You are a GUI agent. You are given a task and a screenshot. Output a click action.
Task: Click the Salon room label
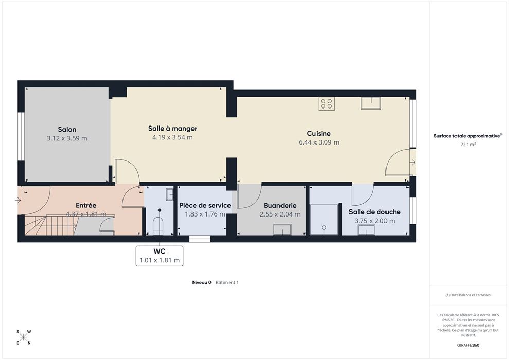pos(67,130)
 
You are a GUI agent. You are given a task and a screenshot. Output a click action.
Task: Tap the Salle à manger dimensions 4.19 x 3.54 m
pos(172,137)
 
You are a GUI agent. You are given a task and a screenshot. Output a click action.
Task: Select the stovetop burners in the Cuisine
pos(326,104)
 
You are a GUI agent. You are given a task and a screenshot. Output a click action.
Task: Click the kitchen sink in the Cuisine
pos(371,103)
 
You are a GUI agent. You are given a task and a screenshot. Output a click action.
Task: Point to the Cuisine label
pos(319,133)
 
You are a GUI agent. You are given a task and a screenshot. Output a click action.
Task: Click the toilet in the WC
pos(158,224)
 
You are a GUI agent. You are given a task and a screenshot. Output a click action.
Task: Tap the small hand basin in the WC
pos(170,194)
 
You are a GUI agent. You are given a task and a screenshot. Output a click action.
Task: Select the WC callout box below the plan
pos(160,256)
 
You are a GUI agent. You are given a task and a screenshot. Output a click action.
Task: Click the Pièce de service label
pos(205,205)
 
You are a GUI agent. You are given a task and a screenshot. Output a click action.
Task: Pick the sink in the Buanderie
pos(282,229)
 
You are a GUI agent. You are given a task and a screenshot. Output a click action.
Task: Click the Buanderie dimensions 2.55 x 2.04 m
pos(280,214)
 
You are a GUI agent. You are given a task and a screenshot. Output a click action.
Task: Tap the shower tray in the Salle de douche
pos(324,219)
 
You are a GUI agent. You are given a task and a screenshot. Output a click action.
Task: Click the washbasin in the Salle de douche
pos(366,230)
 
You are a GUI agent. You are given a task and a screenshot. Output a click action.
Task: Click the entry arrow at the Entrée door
pos(18,200)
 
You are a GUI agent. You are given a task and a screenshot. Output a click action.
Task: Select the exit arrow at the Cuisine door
pos(413,162)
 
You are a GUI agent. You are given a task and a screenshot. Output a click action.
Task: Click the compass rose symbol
pos(24,337)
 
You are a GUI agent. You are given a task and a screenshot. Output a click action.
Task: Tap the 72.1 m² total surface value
pos(468,145)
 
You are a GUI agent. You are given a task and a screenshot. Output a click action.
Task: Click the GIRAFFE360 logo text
pos(468,345)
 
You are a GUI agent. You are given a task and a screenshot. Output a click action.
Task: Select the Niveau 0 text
pos(202,282)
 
